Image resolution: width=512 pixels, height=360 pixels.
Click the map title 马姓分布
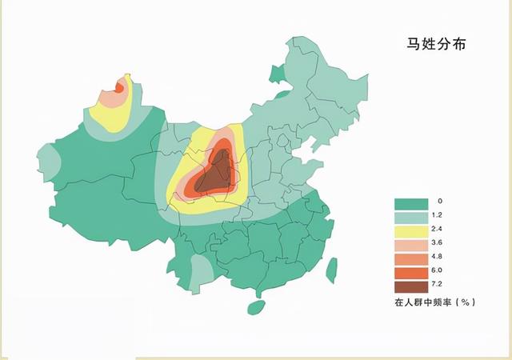tap(436, 45)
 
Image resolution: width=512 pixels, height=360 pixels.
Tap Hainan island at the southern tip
tap(255, 307)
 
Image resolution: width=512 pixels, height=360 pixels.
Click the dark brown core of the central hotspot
tap(214, 176)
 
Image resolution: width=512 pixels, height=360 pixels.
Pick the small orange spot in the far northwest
tap(120, 86)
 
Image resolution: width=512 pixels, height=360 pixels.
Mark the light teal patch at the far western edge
tap(48, 163)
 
